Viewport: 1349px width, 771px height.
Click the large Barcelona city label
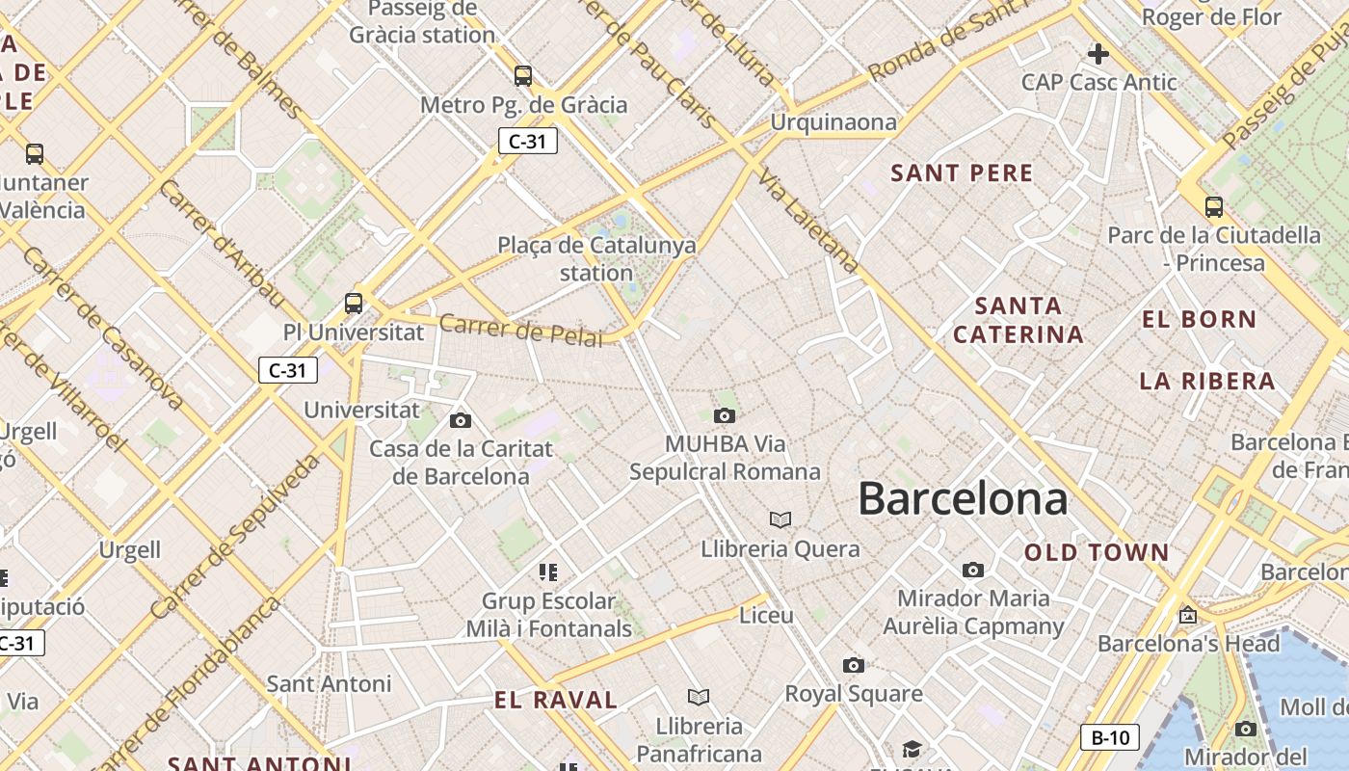pos(963,499)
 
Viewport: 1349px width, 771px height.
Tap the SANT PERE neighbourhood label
pos(962,173)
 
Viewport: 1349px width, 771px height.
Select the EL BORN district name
pos(1200,319)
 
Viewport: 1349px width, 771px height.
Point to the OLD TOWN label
pos(1097,552)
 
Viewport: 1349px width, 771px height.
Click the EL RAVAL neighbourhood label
pos(556,701)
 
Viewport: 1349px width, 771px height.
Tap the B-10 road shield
pos(1110,738)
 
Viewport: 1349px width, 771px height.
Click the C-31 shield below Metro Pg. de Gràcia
pos(527,141)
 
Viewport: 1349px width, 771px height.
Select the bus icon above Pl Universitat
pos(354,303)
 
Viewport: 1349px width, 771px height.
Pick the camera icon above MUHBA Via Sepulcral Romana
pos(724,415)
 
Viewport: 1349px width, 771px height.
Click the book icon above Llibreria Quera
pos(780,520)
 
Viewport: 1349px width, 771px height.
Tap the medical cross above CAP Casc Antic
pos(1098,54)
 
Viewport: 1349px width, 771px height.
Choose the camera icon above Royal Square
pos(853,665)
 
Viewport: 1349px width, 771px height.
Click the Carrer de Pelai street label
pos(520,330)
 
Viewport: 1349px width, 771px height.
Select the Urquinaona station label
pos(833,122)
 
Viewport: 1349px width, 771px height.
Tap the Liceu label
pos(766,615)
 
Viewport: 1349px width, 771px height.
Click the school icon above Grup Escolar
pos(548,573)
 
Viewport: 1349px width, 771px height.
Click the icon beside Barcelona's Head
pos(1188,614)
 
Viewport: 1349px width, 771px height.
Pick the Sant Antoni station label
pos(329,684)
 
